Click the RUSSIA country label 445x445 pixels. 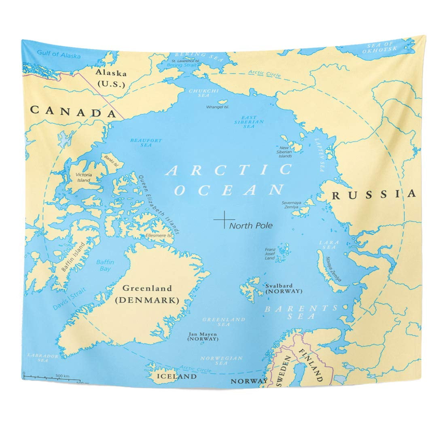click(373, 195)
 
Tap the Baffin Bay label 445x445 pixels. click(105, 265)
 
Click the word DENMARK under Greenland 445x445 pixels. click(147, 301)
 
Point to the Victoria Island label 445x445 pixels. click(84, 177)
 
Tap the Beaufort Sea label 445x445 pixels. click(140, 142)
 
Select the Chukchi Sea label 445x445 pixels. click(198, 93)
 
